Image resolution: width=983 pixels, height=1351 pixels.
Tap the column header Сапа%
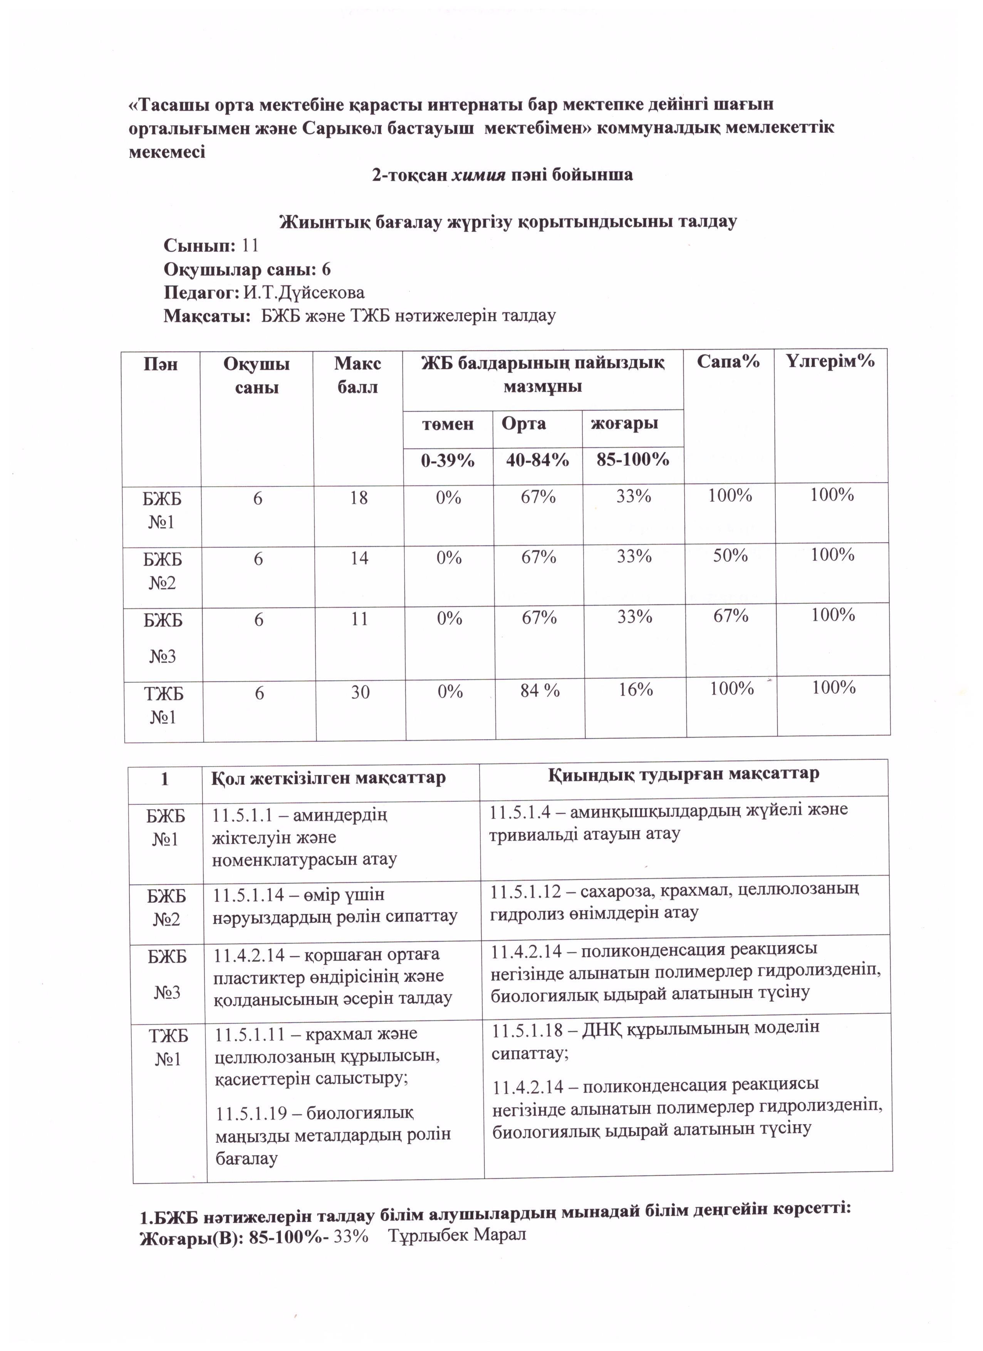(x=728, y=361)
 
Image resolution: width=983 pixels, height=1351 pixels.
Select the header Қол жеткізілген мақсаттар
(x=329, y=778)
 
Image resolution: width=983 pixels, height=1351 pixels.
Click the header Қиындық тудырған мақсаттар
(x=683, y=774)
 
